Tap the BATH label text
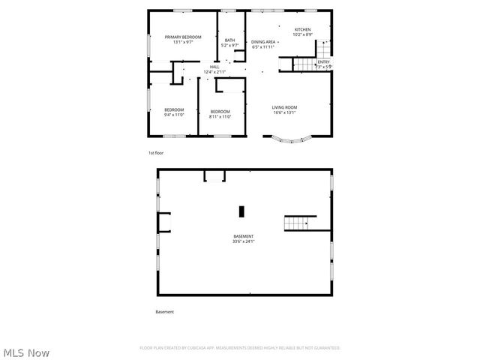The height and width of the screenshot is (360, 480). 229,40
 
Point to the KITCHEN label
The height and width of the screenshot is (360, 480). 302,30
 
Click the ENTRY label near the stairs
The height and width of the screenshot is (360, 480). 323,62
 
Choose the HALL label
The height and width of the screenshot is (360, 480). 214,67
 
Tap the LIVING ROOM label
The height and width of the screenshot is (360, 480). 283,107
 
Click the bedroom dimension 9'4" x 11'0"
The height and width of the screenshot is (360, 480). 174,115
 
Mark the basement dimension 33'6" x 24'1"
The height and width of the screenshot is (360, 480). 244,241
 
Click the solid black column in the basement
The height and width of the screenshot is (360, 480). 241,211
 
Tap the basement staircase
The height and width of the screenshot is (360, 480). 297,223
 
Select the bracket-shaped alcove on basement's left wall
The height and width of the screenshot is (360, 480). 163,221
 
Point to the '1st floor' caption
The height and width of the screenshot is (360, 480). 155,153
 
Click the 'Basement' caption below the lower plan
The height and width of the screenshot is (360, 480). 164,311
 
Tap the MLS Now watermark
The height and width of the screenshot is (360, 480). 27,352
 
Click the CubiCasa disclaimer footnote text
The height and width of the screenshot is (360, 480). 240,348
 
